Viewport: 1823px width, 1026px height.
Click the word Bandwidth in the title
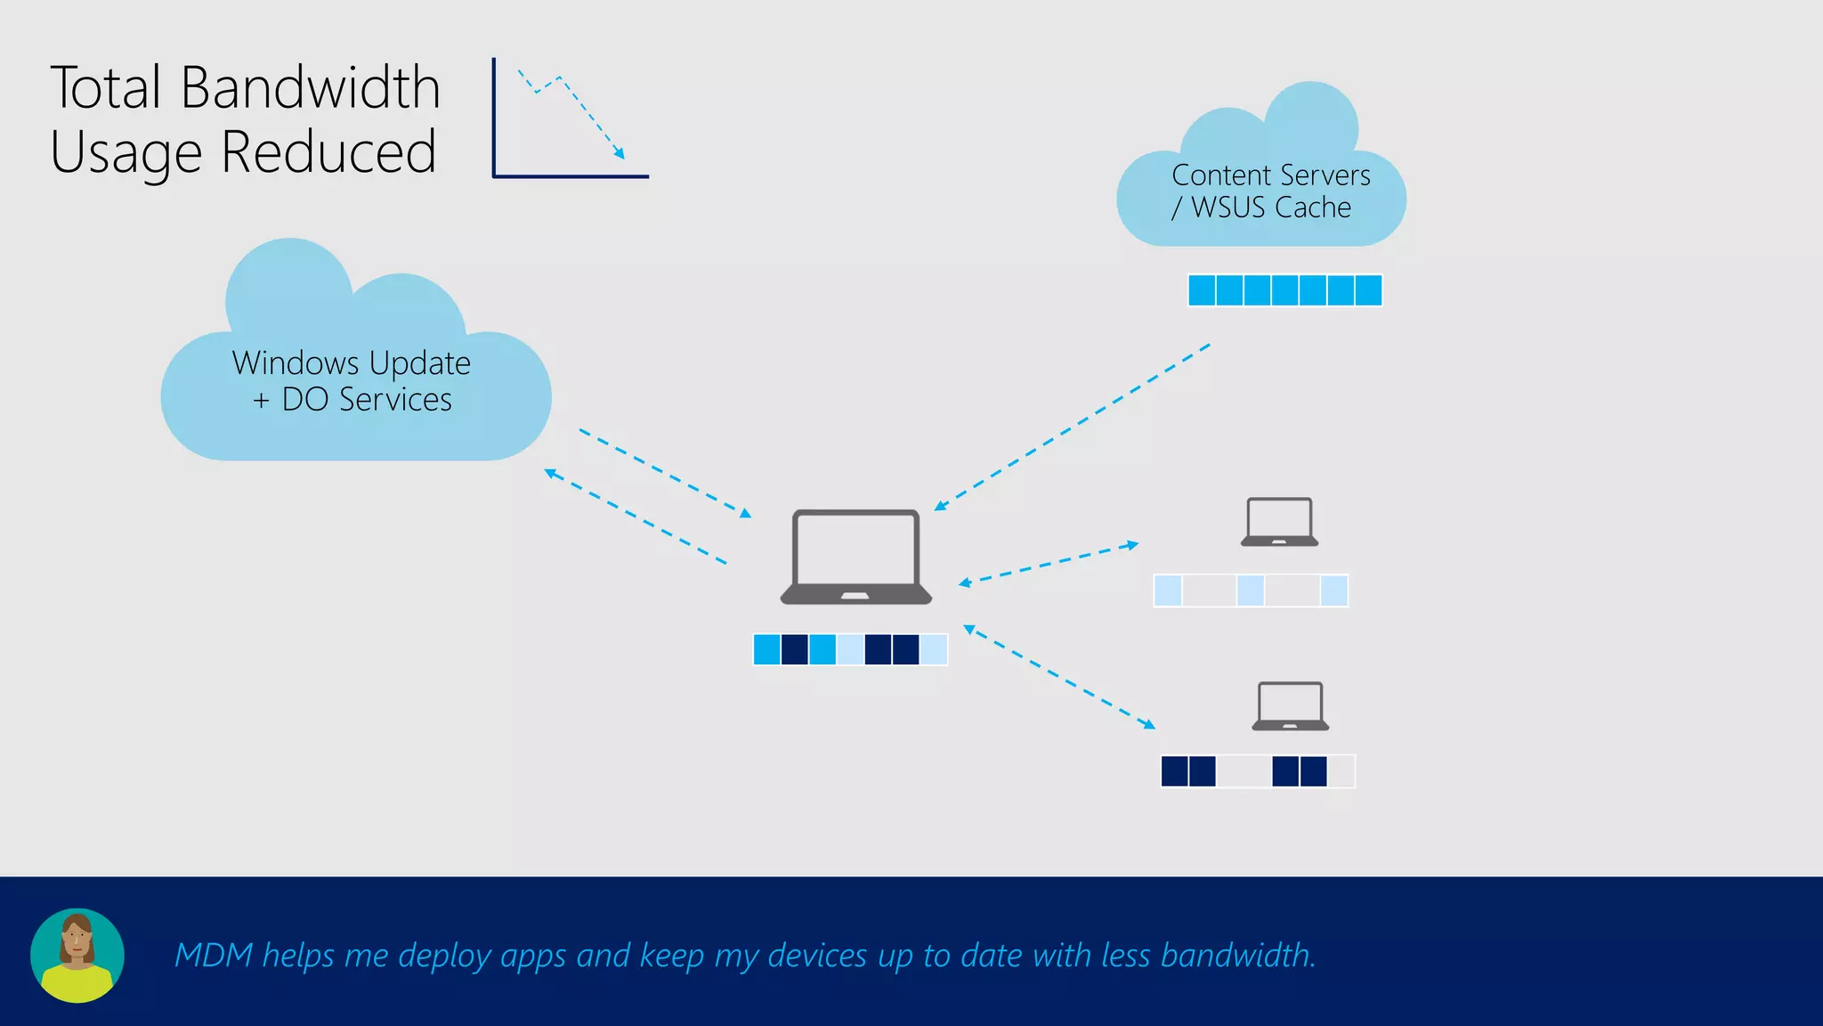click(x=310, y=88)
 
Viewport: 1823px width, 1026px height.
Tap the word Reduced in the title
click(x=328, y=152)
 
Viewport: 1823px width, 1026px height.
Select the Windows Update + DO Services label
click(x=352, y=381)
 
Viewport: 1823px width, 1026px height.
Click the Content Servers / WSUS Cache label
click(x=1270, y=191)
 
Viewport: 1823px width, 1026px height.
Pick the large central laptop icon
click(x=856, y=557)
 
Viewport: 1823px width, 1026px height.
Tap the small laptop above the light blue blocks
click(x=1279, y=522)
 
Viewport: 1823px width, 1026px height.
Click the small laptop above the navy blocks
click(x=1290, y=706)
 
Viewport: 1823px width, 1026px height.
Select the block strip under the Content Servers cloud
click(x=1284, y=290)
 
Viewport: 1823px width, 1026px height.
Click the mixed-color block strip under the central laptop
click(x=850, y=649)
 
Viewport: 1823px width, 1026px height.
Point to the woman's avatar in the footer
click(x=77, y=955)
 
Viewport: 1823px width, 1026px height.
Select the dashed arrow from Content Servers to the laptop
click(x=1072, y=427)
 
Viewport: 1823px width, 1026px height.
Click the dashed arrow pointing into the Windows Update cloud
click(x=636, y=517)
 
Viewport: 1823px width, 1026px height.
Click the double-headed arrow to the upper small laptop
click(x=1049, y=564)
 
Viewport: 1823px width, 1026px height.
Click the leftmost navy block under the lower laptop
click(x=1174, y=771)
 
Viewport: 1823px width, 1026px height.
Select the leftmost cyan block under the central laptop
click(x=766, y=649)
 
